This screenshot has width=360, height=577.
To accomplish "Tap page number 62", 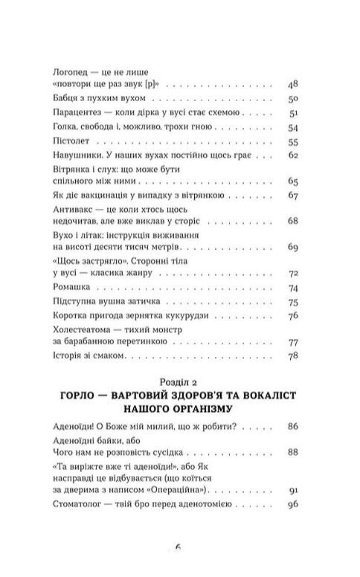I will click(292, 156).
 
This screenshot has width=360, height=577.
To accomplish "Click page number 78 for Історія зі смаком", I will click(292, 358).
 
